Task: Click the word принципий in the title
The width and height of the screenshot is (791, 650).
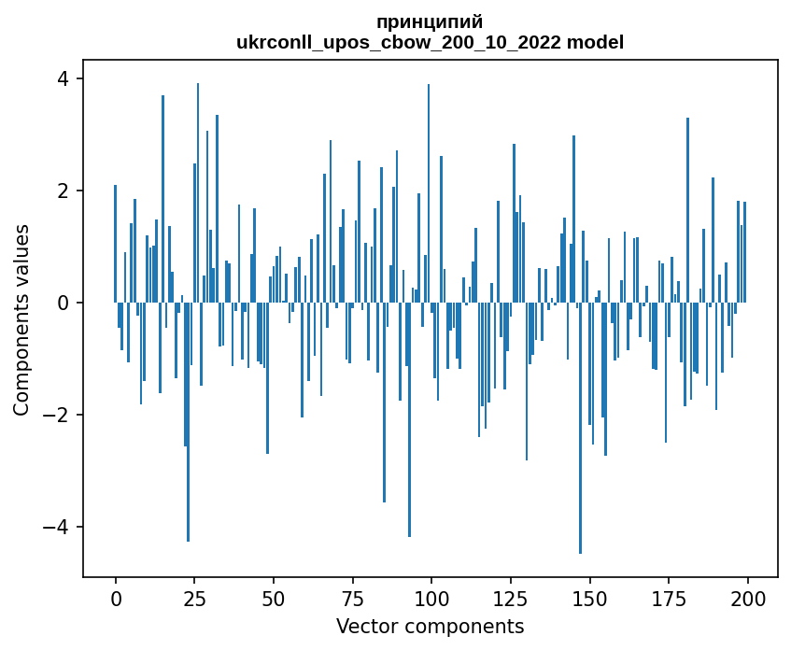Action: (430, 22)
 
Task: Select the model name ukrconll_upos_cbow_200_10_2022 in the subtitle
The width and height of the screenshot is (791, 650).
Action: (399, 43)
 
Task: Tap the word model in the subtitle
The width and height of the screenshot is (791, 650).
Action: (595, 42)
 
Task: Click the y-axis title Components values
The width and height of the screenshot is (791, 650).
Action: (21, 320)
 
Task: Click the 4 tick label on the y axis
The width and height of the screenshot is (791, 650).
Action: (64, 78)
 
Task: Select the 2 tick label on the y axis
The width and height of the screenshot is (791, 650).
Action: (64, 191)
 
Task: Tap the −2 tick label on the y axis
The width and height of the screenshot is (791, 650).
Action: (56, 415)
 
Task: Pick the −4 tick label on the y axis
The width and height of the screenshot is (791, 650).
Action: (56, 527)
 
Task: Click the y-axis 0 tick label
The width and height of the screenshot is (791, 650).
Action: (64, 303)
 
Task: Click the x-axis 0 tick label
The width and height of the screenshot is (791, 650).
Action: (116, 599)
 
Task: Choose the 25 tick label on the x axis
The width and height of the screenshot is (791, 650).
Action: (195, 599)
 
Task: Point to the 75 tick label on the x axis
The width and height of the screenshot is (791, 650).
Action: (353, 599)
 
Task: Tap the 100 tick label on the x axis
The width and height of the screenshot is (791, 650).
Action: (431, 599)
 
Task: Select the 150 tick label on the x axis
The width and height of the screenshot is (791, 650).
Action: (589, 599)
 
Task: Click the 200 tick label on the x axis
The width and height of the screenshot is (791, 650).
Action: (747, 599)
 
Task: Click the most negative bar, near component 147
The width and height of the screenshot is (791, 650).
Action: (580, 428)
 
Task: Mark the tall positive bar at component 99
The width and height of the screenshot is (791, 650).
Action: (429, 193)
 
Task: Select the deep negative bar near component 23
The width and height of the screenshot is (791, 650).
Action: (188, 422)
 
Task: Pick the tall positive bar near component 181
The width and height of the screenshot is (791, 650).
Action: (687, 210)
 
